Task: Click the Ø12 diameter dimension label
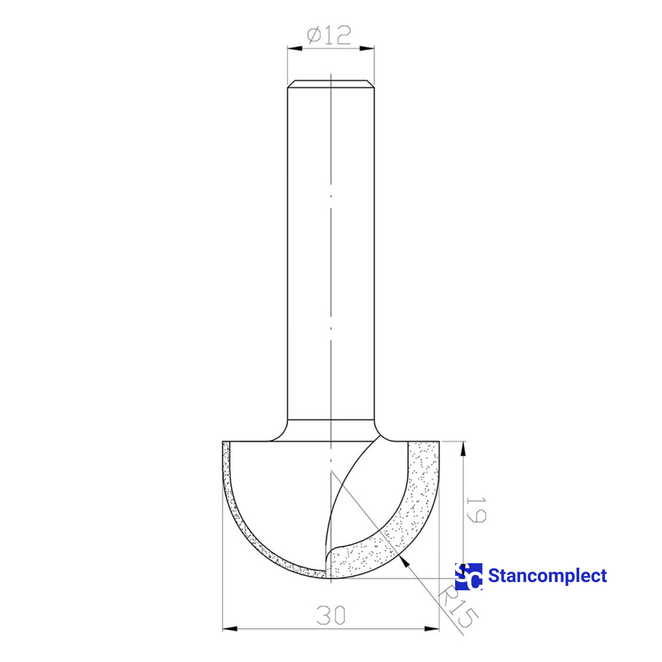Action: pyautogui.click(x=329, y=36)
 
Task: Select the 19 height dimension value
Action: pyautogui.click(x=476, y=509)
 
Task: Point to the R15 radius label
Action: pyautogui.click(x=456, y=607)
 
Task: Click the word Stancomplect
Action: pyautogui.click(x=547, y=576)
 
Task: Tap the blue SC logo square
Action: pyautogui.click(x=468, y=576)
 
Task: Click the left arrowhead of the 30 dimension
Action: pyautogui.click(x=229, y=628)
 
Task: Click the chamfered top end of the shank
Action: pyautogui.click(x=330, y=83)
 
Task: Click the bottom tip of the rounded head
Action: pyautogui.click(x=330, y=579)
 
